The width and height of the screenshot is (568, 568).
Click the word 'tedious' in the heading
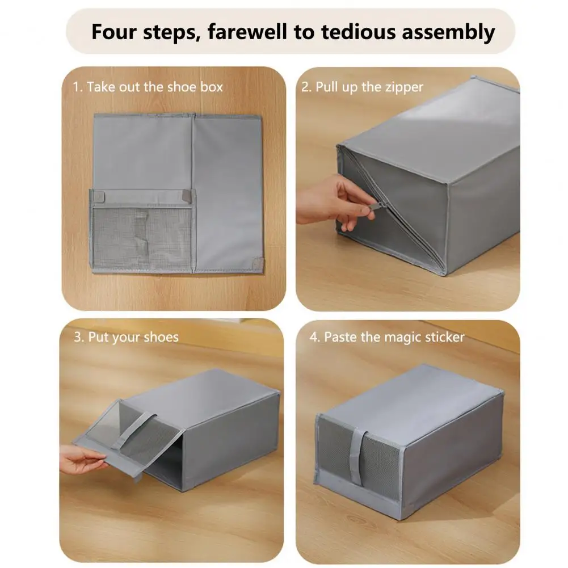click(358, 32)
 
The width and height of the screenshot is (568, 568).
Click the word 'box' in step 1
click(212, 87)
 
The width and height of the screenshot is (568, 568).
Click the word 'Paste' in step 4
click(340, 337)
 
